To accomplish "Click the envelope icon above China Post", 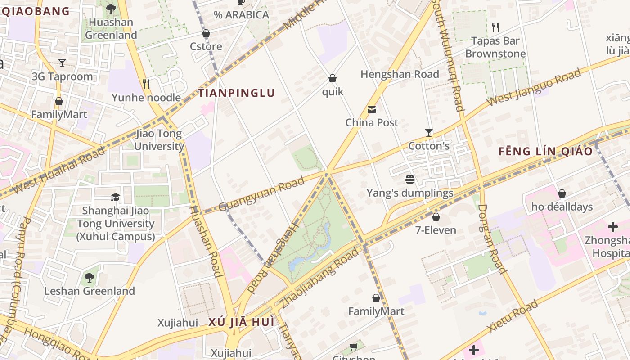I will (372, 110).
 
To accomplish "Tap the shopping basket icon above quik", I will (333, 79).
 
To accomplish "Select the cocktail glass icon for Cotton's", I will (429, 133).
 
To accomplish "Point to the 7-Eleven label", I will (436, 230).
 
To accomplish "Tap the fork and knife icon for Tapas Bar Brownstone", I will (495, 27).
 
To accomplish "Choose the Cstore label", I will (206, 47).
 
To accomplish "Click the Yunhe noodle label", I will (146, 98).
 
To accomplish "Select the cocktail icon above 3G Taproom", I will (62, 63).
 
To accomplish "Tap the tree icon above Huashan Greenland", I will (111, 9).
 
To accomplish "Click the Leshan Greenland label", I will (90, 291).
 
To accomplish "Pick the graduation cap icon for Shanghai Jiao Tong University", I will (116, 197).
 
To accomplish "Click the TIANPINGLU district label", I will (237, 93).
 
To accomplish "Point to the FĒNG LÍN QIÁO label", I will (546, 152).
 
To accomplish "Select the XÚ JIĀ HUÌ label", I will (241, 323).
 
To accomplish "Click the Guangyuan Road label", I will (261, 194).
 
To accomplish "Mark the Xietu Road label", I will (513, 316).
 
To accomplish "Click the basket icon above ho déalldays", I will (562, 194).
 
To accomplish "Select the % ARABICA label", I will (241, 15).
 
